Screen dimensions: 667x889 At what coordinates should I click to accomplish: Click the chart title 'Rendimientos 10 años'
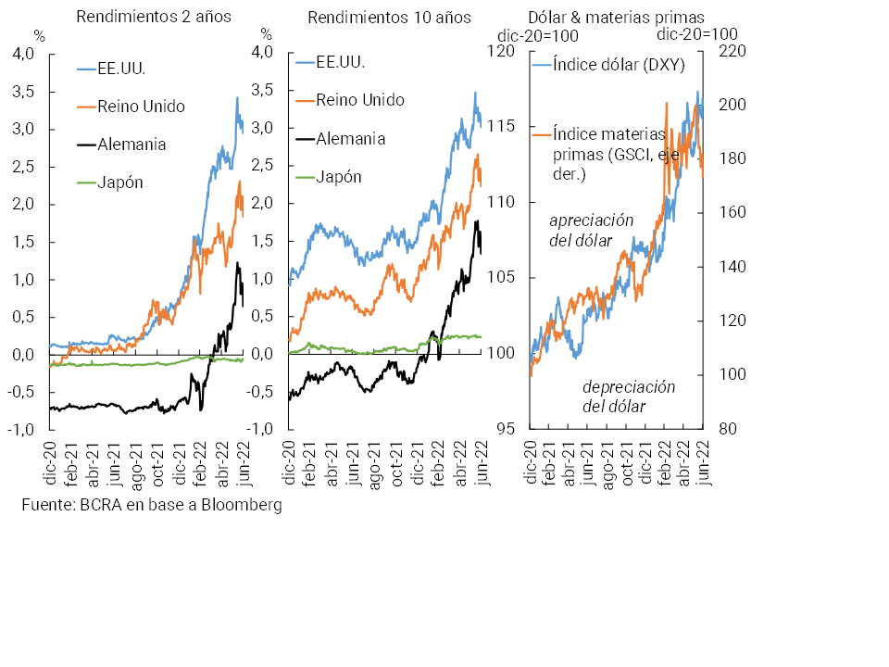tap(389, 17)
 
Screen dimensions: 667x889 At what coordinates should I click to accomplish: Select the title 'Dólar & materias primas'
tap(616, 17)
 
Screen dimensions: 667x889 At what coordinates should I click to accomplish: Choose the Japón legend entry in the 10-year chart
tap(339, 177)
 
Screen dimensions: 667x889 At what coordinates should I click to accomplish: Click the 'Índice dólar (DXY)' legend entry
tap(613, 64)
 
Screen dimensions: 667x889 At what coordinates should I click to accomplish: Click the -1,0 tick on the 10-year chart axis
tap(261, 430)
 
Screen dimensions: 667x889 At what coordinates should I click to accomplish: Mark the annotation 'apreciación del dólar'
tap(592, 231)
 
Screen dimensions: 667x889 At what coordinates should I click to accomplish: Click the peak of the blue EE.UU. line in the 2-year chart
tap(237, 96)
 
